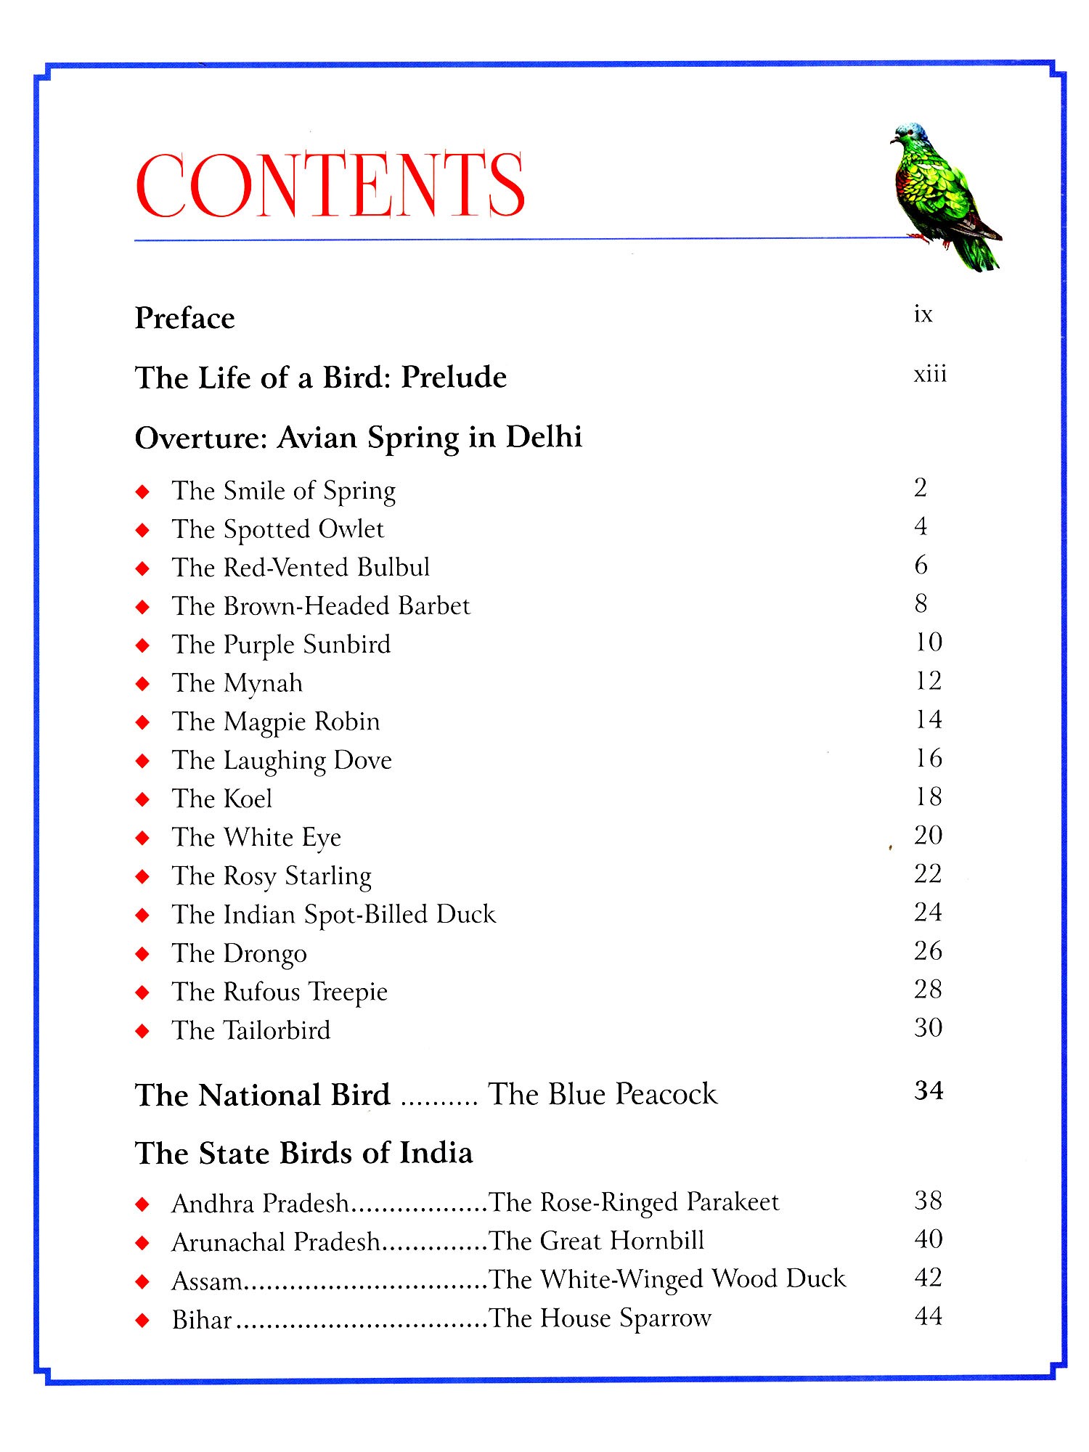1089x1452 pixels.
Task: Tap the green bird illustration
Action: pyautogui.click(x=939, y=196)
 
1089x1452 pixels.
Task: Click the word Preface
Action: pyautogui.click(x=184, y=319)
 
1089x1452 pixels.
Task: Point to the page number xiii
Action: pyautogui.click(x=930, y=374)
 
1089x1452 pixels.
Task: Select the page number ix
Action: pyautogui.click(x=923, y=314)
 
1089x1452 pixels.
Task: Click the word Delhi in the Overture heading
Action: pyautogui.click(x=544, y=437)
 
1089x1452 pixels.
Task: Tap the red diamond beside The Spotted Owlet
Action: pyautogui.click(x=143, y=530)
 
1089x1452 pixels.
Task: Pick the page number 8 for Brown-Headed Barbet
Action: pyautogui.click(x=921, y=603)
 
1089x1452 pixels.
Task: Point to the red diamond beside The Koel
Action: pyautogui.click(x=143, y=799)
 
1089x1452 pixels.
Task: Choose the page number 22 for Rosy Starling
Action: pyautogui.click(x=928, y=873)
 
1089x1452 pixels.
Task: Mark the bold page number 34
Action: pyautogui.click(x=929, y=1090)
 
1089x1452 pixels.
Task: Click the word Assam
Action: pyautogui.click(x=207, y=1281)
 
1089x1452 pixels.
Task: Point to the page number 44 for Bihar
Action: pyautogui.click(x=928, y=1316)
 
